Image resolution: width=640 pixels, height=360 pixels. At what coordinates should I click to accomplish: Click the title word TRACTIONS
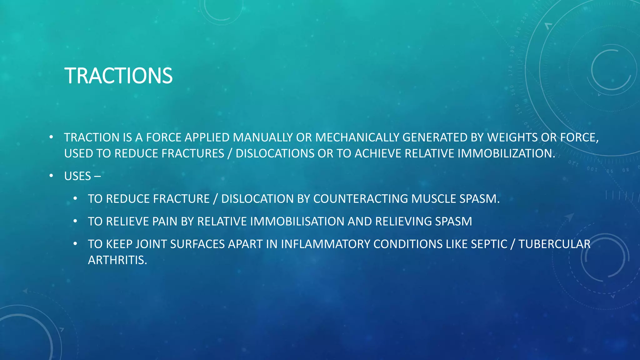pyautogui.click(x=118, y=76)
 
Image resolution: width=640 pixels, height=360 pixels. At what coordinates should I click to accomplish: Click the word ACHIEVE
pyautogui.click(x=378, y=153)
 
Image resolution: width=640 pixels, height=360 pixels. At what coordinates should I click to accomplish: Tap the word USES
pyautogui.click(x=77, y=176)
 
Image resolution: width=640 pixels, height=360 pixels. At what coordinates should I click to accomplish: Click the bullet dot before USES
pyautogui.click(x=51, y=176)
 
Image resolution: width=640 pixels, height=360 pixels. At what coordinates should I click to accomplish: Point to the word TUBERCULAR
pyautogui.click(x=554, y=244)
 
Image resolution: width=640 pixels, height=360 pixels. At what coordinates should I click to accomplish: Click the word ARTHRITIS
pyautogui.click(x=117, y=260)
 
